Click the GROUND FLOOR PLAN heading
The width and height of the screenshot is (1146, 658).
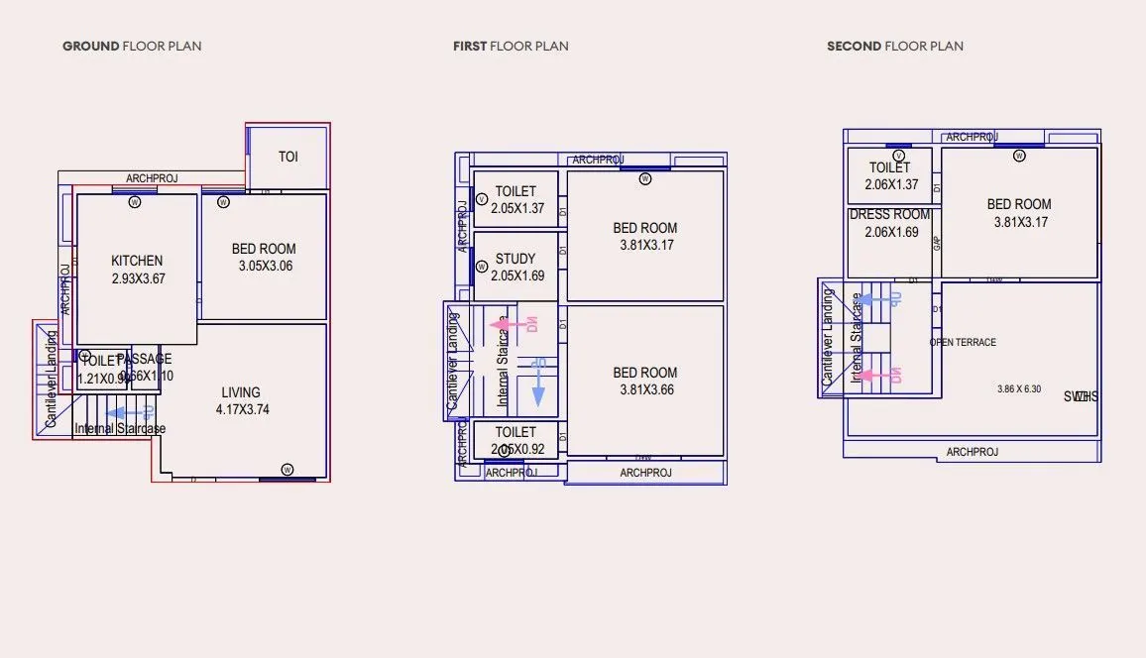click(132, 46)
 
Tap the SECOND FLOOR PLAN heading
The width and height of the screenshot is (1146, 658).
click(894, 46)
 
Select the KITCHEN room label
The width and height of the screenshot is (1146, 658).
click(137, 261)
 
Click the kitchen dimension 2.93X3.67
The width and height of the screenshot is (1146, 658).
click(138, 278)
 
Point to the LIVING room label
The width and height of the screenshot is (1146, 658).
click(241, 392)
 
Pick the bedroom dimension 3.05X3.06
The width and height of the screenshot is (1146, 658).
click(265, 266)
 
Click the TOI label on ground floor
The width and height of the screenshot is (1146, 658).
click(287, 157)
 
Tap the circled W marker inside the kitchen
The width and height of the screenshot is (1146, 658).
click(135, 202)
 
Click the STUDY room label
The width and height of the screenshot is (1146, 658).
click(516, 259)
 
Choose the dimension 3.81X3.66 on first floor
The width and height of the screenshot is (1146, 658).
click(644, 389)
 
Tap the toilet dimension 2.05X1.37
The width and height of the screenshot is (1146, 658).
click(517, 208)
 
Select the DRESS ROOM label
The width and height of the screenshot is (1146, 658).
click(890, 214)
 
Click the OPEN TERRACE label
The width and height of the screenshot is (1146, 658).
click(963, 342)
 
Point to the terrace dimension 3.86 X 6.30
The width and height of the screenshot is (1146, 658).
click(1019, 389)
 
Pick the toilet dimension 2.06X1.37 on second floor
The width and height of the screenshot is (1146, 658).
click(891, 184)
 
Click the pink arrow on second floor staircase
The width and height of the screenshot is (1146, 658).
click(877, 376)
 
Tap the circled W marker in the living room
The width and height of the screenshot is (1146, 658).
click(286, 469)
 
